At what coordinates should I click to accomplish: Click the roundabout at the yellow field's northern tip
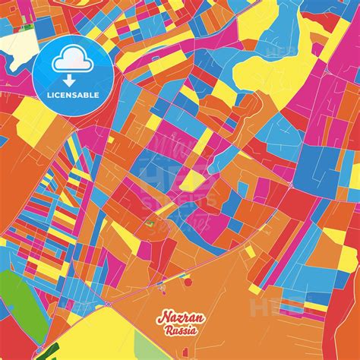109,305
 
